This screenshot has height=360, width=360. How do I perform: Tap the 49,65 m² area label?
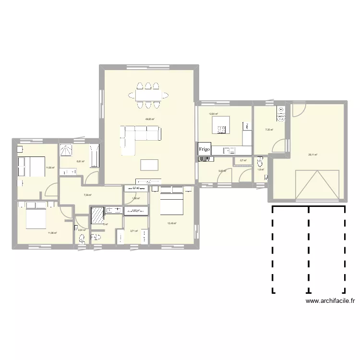(x=150, y=119)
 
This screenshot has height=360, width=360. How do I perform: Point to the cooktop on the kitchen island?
(x=222, y=129)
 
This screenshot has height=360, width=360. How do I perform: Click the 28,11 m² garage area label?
(x=312, y=155)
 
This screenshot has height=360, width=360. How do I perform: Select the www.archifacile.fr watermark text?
(x=330, y=301)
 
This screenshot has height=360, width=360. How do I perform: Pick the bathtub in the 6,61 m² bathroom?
(x=94, y=156)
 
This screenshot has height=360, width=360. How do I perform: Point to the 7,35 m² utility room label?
(x=269, y=130)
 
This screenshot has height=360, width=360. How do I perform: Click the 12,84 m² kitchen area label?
(x=213, y=114)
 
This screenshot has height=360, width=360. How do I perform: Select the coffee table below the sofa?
(x=149, y=165)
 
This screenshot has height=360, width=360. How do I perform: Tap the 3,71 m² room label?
(x=134, y=231)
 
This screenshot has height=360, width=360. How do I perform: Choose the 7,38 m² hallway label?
(x=87, y=195)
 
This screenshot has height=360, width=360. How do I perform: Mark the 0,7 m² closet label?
(x=243, y=161)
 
